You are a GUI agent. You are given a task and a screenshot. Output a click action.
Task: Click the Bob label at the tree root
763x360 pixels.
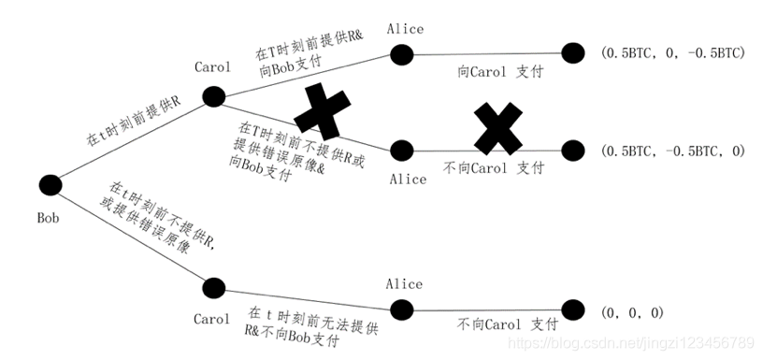pyautogui.click(x=49, y=217)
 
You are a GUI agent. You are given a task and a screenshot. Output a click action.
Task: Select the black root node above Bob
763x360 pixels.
pyautogui.click(x=48, y=186)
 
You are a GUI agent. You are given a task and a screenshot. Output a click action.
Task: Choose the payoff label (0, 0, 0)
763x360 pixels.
pyautogui.click(x=634, y=312)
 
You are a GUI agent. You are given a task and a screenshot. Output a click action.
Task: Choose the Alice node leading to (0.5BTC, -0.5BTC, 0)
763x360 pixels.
pyautogui.click(x=403, y=150)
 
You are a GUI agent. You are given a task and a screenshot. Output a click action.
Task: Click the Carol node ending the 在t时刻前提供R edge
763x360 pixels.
pyautogui.click(x=215, y=95)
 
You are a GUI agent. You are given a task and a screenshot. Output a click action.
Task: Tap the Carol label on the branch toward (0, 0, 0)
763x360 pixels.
pyautogui.click(x=211, y=319)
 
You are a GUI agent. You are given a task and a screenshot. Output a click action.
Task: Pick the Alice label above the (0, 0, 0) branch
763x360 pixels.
pyautogui.click(x=405, y=283)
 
